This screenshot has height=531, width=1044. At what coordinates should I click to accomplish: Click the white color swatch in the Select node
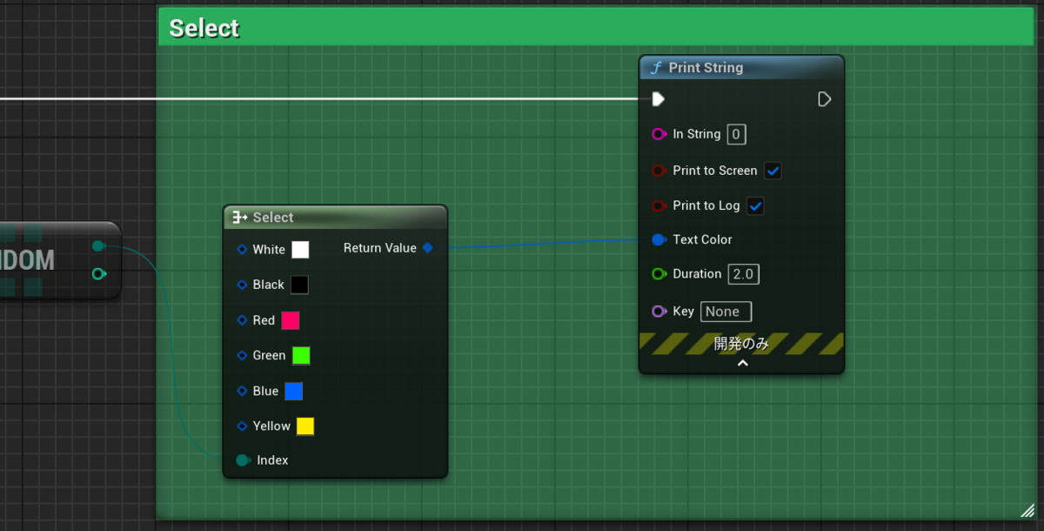pos(300,250)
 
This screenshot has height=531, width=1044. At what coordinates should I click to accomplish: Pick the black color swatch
pos(299,285)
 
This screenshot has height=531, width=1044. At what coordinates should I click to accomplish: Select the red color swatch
pos(291,320)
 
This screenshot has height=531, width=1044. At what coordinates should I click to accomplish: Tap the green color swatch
pos(301,355)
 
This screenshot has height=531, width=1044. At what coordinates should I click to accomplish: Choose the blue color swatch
pos(294,391)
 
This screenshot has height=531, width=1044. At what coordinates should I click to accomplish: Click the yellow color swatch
pos(305,426)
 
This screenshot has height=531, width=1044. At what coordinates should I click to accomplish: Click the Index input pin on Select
pos(243,460)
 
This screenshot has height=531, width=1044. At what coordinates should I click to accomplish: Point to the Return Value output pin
pos(427,248)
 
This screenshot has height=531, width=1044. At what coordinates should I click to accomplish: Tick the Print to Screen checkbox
pos(773,171)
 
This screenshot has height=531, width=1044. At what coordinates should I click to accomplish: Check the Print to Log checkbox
pos(755,206)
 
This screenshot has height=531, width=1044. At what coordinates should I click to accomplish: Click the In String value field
pos(736,134)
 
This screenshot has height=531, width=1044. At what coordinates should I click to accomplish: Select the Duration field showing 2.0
pos(743,274)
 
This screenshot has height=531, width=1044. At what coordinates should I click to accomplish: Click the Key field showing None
pos(726,312)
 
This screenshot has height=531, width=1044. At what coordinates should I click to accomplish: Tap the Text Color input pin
pos(659,239)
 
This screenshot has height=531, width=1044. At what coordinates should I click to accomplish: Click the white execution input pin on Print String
pos(659,99)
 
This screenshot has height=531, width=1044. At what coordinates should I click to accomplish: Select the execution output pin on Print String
pos(825,99)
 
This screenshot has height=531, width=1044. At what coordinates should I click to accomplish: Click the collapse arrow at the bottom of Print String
pos(742,363)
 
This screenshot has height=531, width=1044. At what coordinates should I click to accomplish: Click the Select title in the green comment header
pos(204,28)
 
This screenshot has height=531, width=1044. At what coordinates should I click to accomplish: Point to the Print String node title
pos(706,68)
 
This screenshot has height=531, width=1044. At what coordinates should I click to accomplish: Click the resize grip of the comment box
pos(1026,510)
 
